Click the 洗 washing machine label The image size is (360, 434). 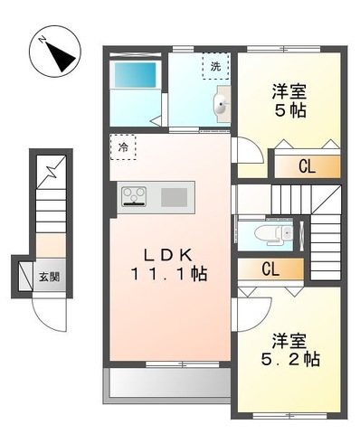point(214,67)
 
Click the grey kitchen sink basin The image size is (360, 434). point(175,195)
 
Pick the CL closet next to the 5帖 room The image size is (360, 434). point(308,165)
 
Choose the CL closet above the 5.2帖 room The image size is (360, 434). point(270,269)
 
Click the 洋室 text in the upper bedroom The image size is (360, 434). point(290,91)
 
